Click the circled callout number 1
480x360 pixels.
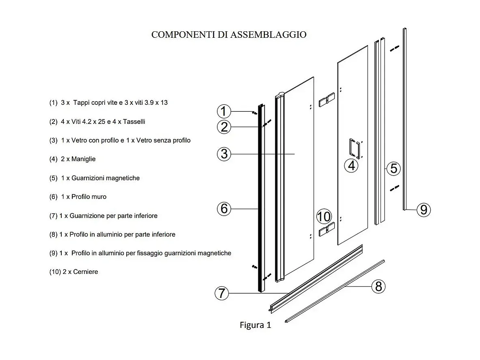point(224,111)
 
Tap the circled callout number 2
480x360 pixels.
point(224,127)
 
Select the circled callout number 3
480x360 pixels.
point(224,154)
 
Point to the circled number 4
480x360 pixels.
point(351,165)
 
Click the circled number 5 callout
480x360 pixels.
point(393,168)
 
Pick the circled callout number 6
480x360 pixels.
point(224,208)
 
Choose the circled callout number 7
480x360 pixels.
point(222,293)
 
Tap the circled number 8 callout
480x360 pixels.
point(378,286)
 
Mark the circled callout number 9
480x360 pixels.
point(424,210)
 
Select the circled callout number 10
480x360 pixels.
point(324,217)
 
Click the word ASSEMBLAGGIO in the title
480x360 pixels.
point(268,35)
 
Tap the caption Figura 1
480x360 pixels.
point(255,325)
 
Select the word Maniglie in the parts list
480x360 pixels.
point(83,159)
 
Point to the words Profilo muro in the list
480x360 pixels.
point(89,197)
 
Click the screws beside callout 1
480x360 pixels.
point(254,113)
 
